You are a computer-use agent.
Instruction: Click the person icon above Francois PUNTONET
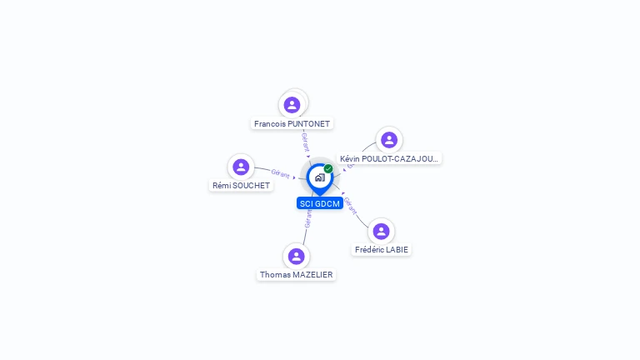click(292, 104)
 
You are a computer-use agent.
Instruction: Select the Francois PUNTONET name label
click(292, 123)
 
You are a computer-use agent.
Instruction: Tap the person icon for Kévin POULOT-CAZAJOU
click(388, 139)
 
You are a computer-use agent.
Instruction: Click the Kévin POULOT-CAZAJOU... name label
click(389, 158)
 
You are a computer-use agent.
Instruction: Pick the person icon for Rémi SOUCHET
click(241, 167)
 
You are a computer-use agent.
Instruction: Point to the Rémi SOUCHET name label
click(241, 185)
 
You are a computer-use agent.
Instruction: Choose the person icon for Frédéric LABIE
click(381, 231)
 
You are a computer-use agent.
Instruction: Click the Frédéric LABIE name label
click(382, 249)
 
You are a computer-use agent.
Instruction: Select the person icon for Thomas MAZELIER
click(296, 256)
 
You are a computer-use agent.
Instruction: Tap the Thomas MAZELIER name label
click(297, 274)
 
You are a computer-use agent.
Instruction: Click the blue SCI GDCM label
click(320, 203)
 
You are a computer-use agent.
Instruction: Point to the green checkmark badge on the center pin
click(328, 168)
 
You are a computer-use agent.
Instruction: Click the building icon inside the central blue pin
click(319, 177)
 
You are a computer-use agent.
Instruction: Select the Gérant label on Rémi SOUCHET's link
click(280, 173)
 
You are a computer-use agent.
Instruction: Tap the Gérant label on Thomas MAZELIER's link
click(308, 218)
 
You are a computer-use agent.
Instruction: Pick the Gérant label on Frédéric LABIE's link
click(351, 205)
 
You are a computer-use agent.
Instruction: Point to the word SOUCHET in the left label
click(252, 185)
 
